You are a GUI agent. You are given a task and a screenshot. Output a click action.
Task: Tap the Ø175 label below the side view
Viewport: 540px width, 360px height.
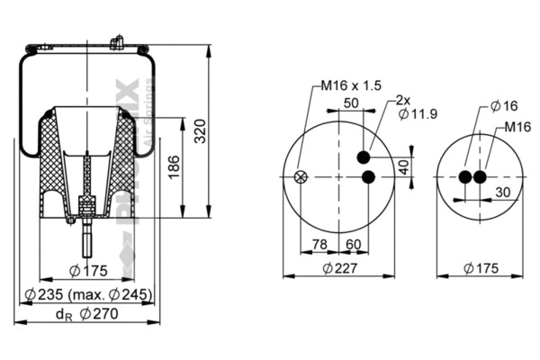88,271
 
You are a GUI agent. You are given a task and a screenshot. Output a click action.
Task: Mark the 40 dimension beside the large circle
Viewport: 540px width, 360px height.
404,167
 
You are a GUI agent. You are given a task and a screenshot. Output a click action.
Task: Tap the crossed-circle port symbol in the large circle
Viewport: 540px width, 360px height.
301,176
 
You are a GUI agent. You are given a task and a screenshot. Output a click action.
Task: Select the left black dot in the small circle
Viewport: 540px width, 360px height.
466,176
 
